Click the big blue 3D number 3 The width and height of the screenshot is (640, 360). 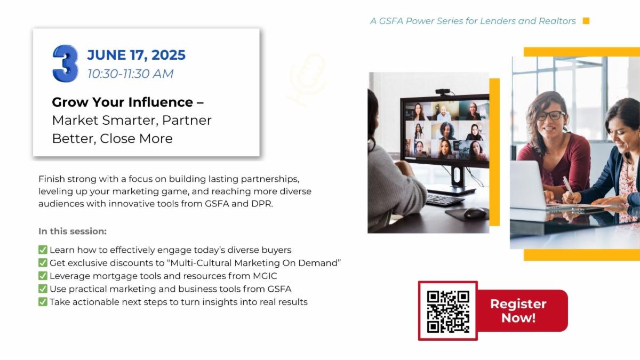pyautogui.click(x=66, y=63)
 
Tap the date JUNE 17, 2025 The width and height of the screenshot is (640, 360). pyautogui.click(x=137, y=55)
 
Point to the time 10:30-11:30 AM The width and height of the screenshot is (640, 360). pyautogui.click(x=130, y=74)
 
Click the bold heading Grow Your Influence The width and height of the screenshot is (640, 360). pyautogui.click(x=122, y=102)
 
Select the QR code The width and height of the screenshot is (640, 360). pyautogui.click(x=448, y=311)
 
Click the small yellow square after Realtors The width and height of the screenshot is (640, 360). pyautogui.click(x=586, y=21)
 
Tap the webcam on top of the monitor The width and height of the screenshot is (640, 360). pyautogui.click(x=443, y=92)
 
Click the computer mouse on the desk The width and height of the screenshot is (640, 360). pyautogui.click(x=475, y=213)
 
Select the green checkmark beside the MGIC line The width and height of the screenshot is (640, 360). pyautogui.click(x=43, y=276)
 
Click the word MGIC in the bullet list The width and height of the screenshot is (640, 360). pyautogui.click(x=265, y=276)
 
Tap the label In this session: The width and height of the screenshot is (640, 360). pyautogui.click(x=73, y=231)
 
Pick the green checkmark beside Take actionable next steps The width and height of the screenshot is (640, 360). pyautogui.click(x=43, y=302)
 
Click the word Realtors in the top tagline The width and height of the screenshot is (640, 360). pyautogui.click(x=557, y=21)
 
